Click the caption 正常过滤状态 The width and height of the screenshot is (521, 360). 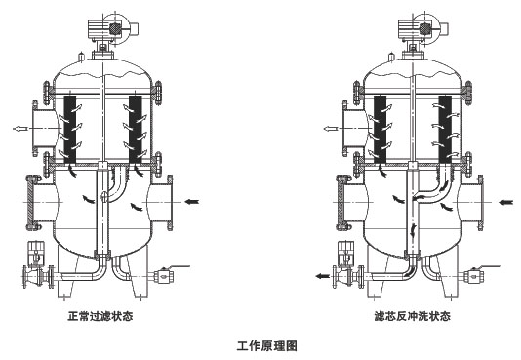click(x=100, y=316)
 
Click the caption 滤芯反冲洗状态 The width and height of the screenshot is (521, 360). click(x=412, y=316)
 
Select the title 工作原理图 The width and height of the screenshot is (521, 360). click(x=266, y=345)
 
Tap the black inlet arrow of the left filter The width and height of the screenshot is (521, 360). click(x=192, y=201)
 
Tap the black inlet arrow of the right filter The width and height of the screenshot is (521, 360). click(x=506, y=202)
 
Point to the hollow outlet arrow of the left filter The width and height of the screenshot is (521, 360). click(x=20, y=129)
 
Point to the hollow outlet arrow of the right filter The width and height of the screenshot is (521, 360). click(x=331, y=129)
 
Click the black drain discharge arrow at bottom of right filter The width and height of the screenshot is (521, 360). click(x=322, y=276)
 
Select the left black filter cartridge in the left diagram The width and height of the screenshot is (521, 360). click(x=70, y=130)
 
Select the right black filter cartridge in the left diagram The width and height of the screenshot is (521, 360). click(x=136, y=130)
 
